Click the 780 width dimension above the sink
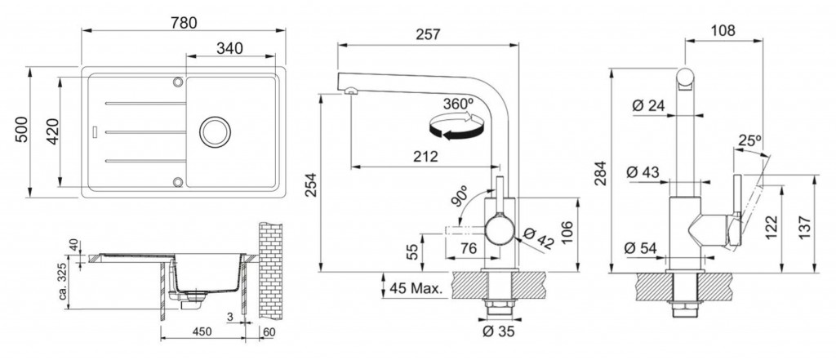pos(184,23)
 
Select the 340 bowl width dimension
pos(229,48)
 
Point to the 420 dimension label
pos(52,131)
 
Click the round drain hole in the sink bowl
pos(216,131)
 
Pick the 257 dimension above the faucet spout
pos(428,34)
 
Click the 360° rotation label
pos(458,104)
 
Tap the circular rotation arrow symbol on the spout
pos(457,126)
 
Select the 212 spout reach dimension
pos(425,157)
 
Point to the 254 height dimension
pos(311,184)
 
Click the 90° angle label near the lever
pos(460,197)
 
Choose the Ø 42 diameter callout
pos(538,238)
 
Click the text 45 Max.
pos(417,289)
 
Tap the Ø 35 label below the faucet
pos(499,331)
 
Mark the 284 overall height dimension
pos(601,173)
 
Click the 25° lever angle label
pos(749,140)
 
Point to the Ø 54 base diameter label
pos(640,248)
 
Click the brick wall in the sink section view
pos(270,270)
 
